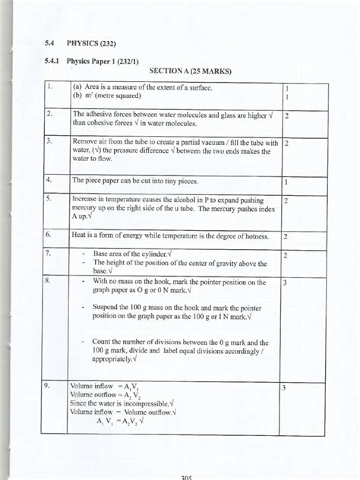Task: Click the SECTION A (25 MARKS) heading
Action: tap(190, 71)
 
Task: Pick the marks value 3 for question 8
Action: tap(285, 283)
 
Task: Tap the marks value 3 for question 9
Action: tap(284, 387)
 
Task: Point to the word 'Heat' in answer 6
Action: tap(80, 236)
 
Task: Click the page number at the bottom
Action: tap(189, 476)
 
